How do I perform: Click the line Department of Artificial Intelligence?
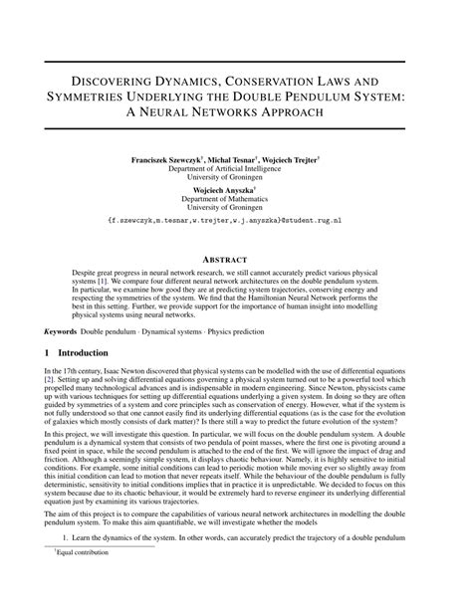click(x=236, y=169)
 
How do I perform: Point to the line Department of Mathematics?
click(x=236, y=198)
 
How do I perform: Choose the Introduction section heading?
click(x=89, y=353)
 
